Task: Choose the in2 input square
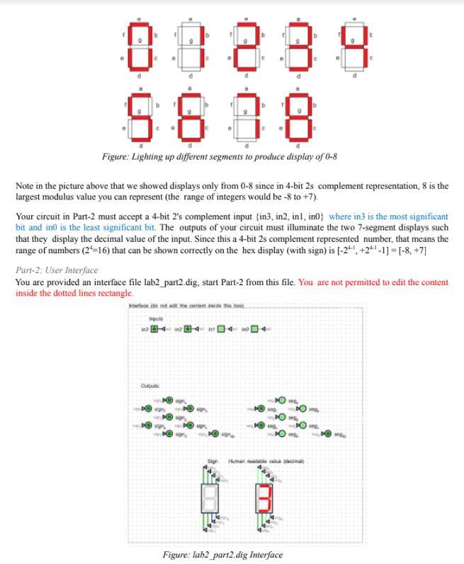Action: coord(187,328)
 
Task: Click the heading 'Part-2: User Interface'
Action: coord(57,270)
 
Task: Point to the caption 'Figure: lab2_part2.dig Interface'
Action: coord(222,554)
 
